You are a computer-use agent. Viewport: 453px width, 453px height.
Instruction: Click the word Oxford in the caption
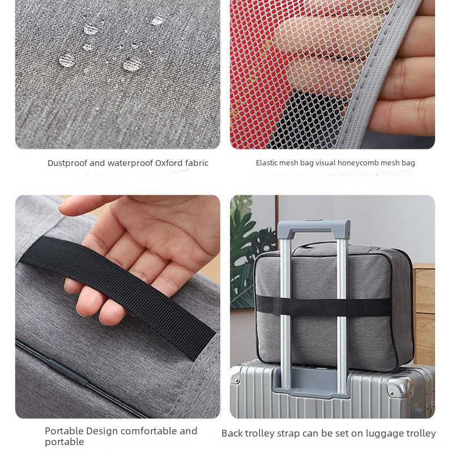[x=169, y=163]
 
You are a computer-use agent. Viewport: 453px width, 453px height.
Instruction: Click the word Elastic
[x=266, y=163]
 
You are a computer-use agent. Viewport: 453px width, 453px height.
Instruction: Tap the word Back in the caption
[x=232, y=434]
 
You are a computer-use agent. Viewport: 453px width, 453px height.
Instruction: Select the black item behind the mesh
[x=309, y=119]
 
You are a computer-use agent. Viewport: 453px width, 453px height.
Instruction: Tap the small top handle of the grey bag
[x=315, y=246]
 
